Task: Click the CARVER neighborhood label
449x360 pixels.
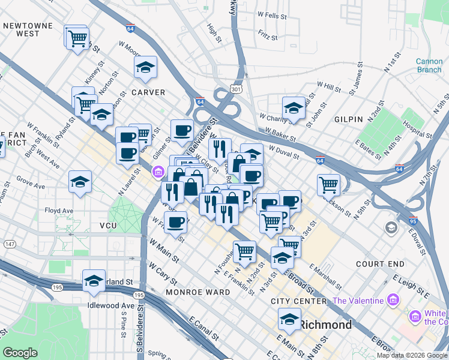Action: coord(148,92)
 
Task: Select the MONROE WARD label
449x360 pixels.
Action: coord(199,292)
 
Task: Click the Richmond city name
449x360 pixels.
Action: coord(325,325)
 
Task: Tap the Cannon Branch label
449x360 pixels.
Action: coord(429,65)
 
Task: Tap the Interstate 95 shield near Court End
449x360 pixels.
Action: coord(412,221)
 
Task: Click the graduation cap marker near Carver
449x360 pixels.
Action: coord(145,68)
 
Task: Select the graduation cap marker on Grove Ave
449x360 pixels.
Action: coord(80,182)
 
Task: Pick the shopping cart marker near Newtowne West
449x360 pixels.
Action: coord(77,38)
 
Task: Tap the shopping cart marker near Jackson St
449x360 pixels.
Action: coord(328,185)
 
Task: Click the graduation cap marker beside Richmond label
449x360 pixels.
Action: coord(289,320)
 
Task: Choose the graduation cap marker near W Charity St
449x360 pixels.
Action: coord(294,108)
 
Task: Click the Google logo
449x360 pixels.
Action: coord(20,353)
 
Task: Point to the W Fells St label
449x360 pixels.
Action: coord(270,13)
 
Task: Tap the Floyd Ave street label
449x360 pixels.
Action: coord(59,211)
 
